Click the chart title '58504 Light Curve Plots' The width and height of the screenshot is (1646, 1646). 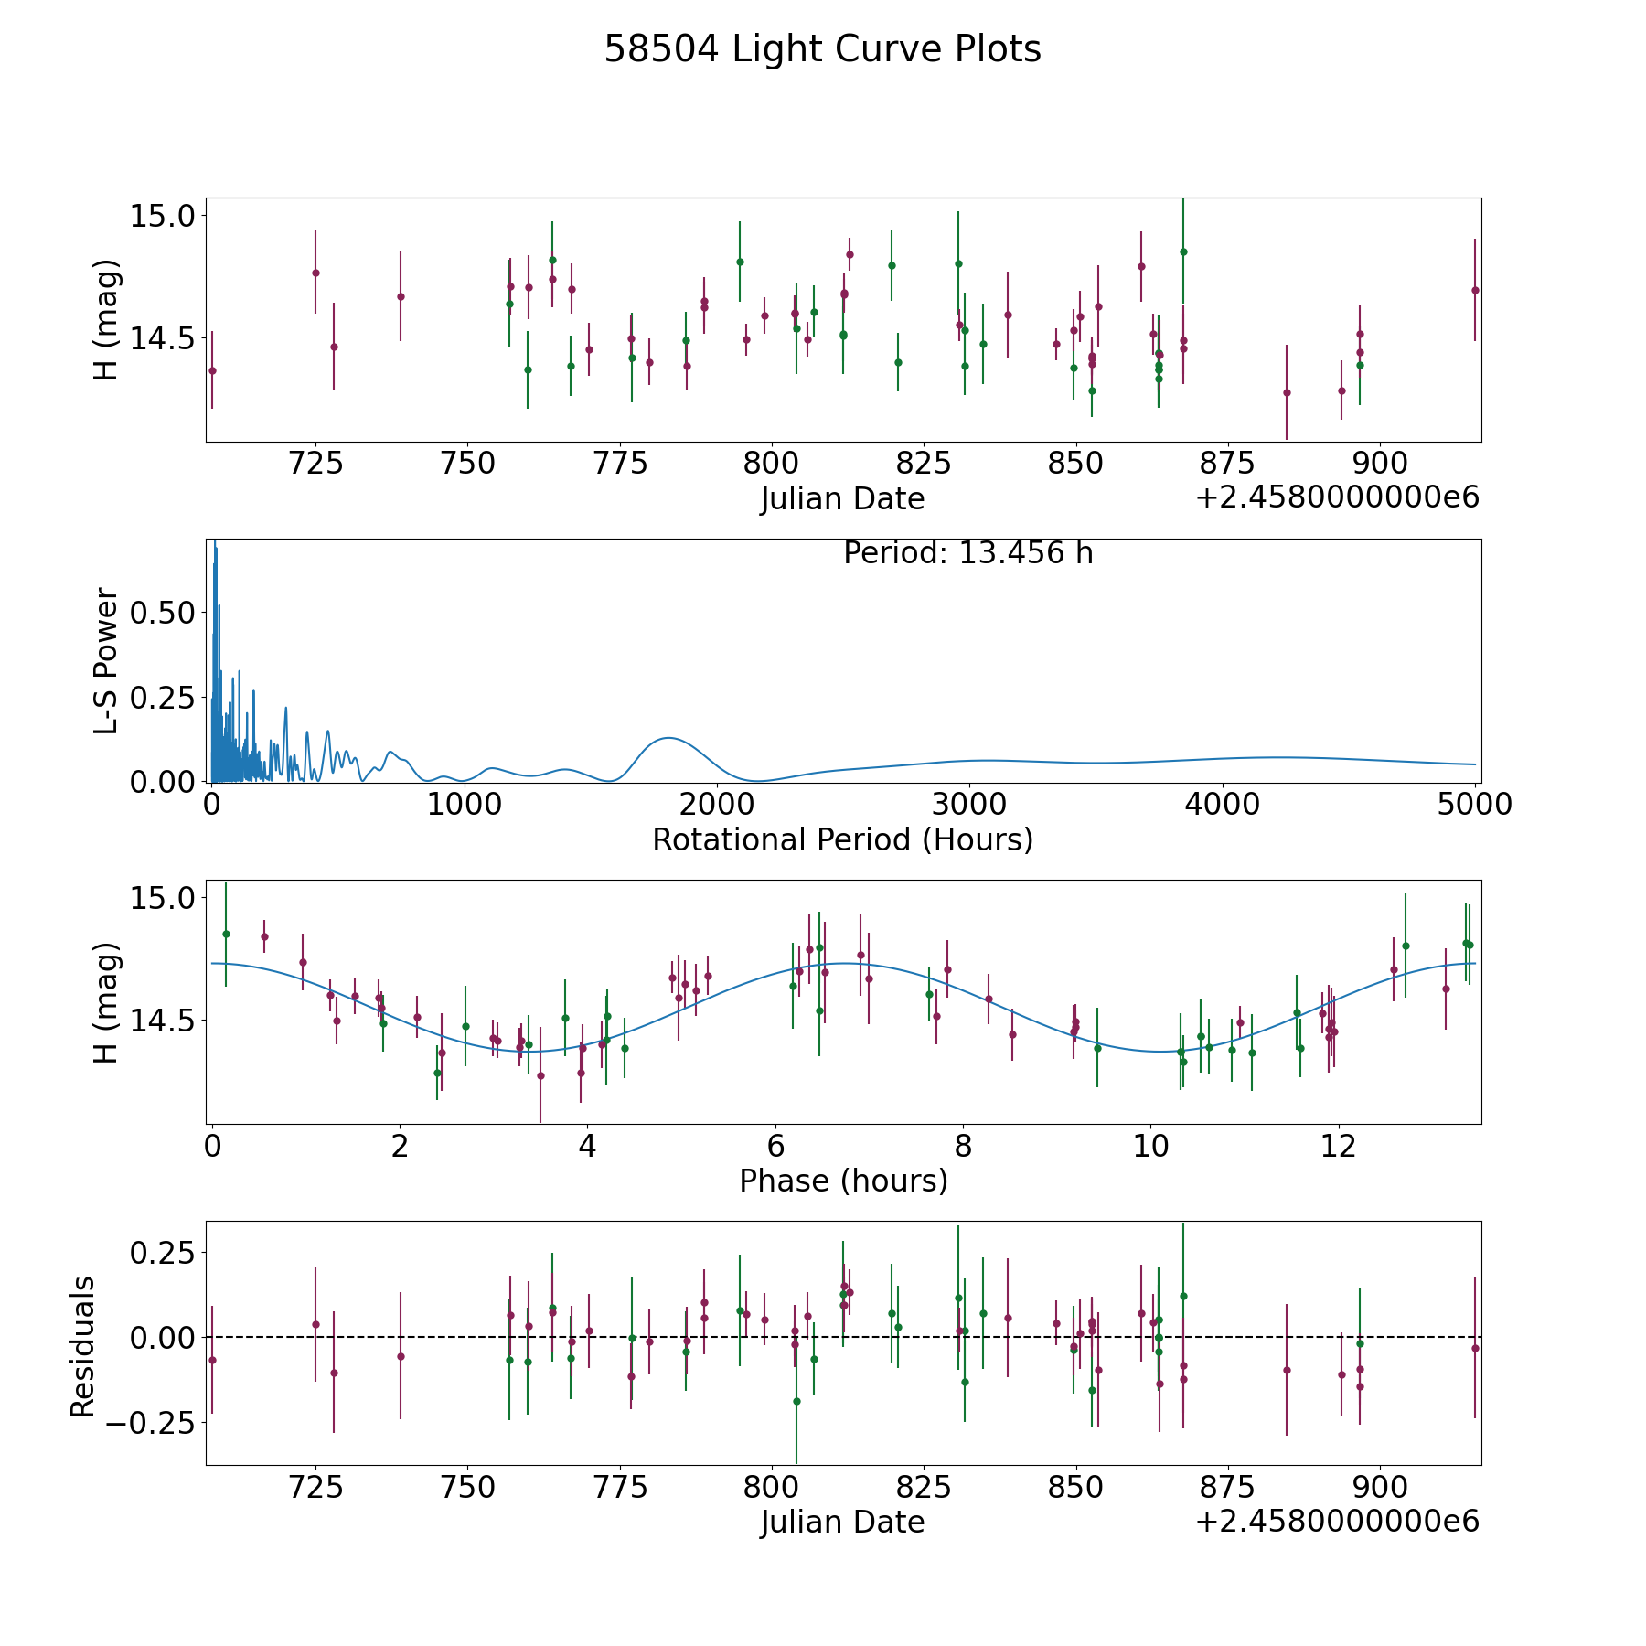(x=822, y=49)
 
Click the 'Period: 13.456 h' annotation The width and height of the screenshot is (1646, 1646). (x=967, y=553)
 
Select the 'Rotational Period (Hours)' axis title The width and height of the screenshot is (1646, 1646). (x=842, y=839)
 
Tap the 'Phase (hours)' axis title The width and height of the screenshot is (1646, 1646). (x=842, y=1181)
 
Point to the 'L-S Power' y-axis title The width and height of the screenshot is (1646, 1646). (x=107, y=660)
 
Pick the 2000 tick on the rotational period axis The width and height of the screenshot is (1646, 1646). (x=716, y=805)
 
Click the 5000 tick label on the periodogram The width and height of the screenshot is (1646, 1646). (x=1474, y=805)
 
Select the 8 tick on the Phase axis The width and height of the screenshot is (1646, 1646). (x=963, y=1146)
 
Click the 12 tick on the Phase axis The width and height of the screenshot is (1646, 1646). (x=1338, y=1146)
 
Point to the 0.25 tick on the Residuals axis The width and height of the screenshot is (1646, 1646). (x=163, y=1251)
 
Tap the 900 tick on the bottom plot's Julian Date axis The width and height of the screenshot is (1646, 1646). (x=1378, y=1487)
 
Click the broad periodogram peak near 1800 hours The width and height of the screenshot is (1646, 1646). (x=668, y=738)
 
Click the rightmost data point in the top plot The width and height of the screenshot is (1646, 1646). (x=1474, y=290)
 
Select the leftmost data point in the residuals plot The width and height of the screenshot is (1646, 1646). (x=212, y=1360)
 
